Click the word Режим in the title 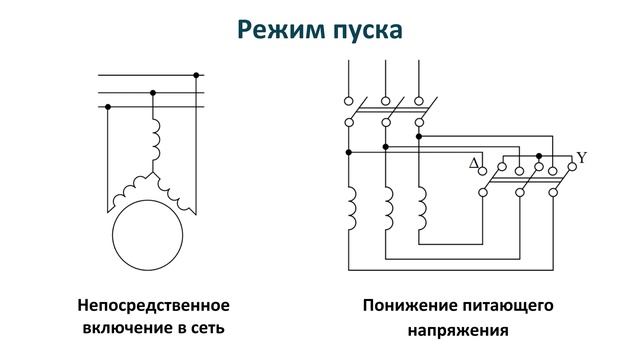pos(276,30)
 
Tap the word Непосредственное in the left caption pos(155,304)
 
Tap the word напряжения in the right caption pos(459,327)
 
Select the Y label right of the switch pos(582,158)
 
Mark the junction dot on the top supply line pos(197,75)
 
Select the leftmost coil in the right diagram pos(349,211)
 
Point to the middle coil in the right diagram pos(385,211)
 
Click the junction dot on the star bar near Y pos(539,156)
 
